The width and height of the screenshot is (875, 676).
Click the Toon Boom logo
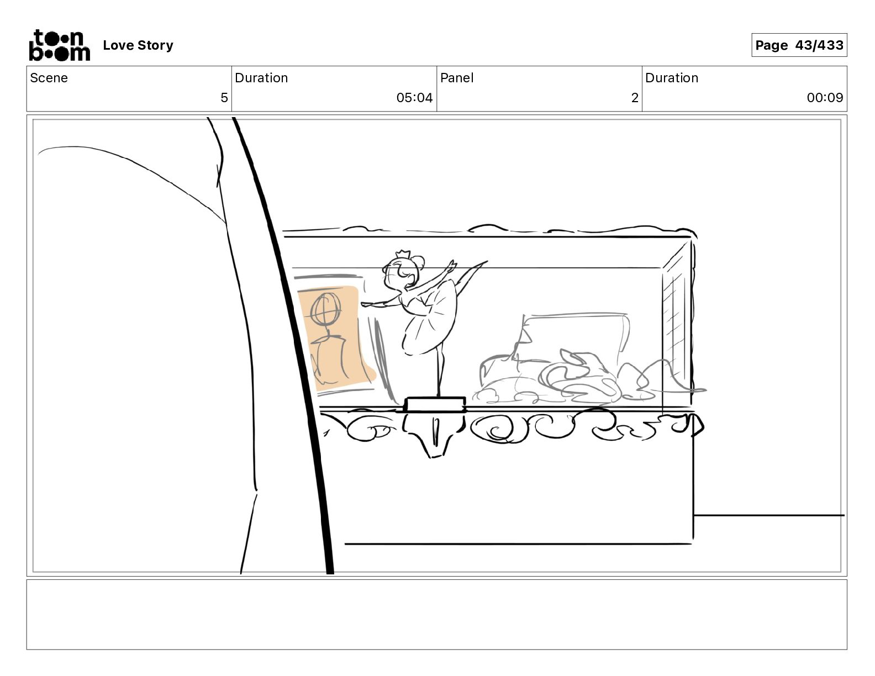click(60, 45)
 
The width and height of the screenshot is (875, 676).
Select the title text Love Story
click(138, 45)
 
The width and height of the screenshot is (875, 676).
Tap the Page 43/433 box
click(799, 45)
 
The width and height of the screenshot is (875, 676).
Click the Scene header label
click(49, 78)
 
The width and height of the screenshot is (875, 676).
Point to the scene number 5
click(224, 97)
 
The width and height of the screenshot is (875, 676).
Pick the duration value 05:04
click(414, 97)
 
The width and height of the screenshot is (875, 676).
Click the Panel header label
click(457, 78)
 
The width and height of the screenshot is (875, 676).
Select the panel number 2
click(635, 97)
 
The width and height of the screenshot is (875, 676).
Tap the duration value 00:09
click(825, 97)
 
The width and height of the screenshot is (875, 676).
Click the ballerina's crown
click(402, 255)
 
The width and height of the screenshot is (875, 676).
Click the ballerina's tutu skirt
click(430, 322)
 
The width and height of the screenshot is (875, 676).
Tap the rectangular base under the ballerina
click(435, 405)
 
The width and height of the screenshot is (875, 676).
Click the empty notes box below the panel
click(437, 614)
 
